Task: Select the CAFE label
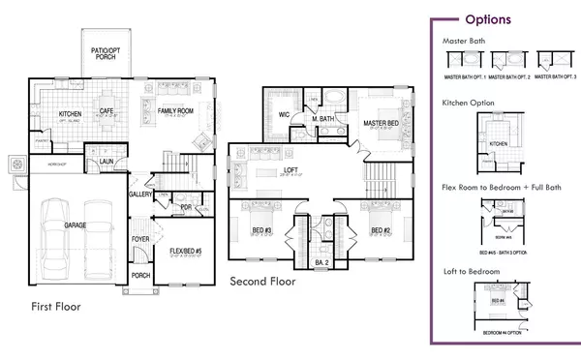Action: click(x=107, y=111)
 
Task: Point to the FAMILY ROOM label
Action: click(x=176, y=111)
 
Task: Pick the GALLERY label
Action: click(x=142, y=195)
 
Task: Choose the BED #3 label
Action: click(x=260, y=229)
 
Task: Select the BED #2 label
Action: click(x=381, y=229)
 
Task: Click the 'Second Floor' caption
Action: click(x=262, y=282)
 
